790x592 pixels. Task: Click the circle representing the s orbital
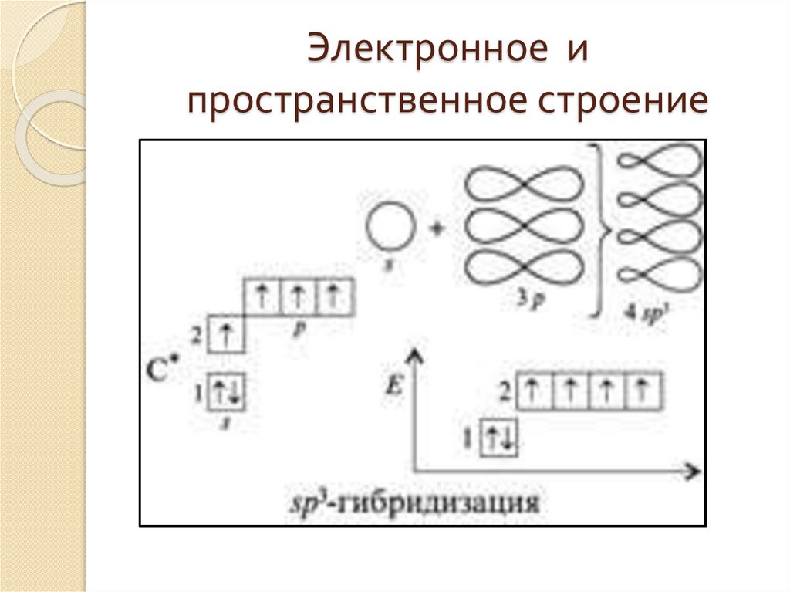[x=390, y=229]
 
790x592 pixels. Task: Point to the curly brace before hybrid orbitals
[x=601, y=230]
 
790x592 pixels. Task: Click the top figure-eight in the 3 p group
[x=524, y=187]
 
